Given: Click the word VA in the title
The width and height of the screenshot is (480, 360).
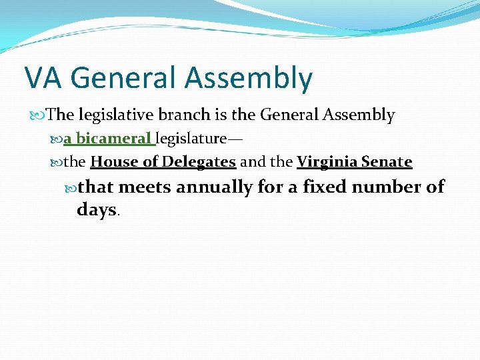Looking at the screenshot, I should (43, 78).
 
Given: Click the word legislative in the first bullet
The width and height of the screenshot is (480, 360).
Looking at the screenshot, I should (113, 115).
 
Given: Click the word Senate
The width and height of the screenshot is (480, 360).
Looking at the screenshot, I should (387, 162).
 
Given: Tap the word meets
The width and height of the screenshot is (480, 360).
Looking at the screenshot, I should (145, 187).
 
